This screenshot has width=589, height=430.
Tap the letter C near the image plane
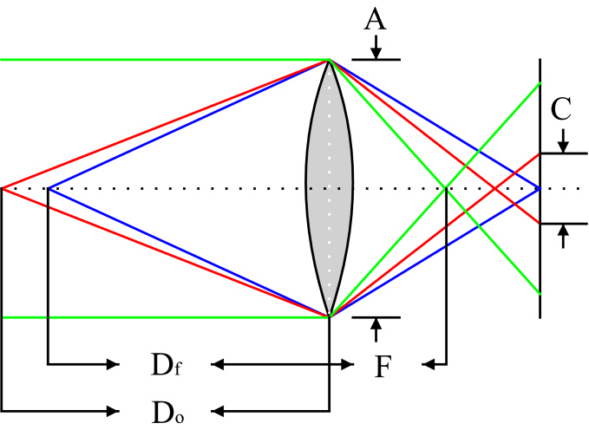pyautogui.click(x=562, y=108)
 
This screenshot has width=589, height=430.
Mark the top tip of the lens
pyautogui.click(x=329, y=60)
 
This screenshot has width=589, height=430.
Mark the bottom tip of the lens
pyautogui.click(x=329, y=316)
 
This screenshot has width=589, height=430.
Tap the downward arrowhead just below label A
pyautogui.click(x=375, y=54)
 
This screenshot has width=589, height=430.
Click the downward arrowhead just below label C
pyautogui.click(x=563, y=147)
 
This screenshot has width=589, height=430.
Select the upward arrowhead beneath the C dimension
pyautogui.click(x=563, y=231)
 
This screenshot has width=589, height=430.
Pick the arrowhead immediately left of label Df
pyautogui.click(x=112, y=365)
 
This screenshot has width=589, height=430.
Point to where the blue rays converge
pyautogui.click(x=540, y=188)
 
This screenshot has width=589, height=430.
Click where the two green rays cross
pyautogui.click(x=446, y=188)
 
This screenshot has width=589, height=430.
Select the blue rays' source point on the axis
pyautogui.click(x=49, y=188)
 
